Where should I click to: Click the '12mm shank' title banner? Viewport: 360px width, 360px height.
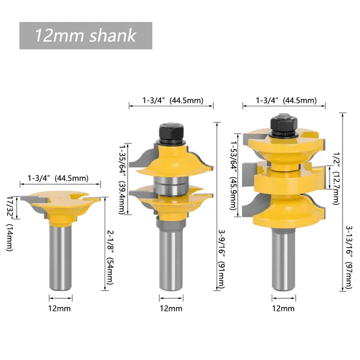85,35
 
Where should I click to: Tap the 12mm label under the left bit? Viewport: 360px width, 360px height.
59,308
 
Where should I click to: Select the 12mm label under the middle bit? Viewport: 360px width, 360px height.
171,308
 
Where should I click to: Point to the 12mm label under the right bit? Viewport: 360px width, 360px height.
283,308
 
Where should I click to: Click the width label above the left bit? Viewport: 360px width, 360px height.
58,178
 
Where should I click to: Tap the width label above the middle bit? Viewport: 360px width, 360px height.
171,100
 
